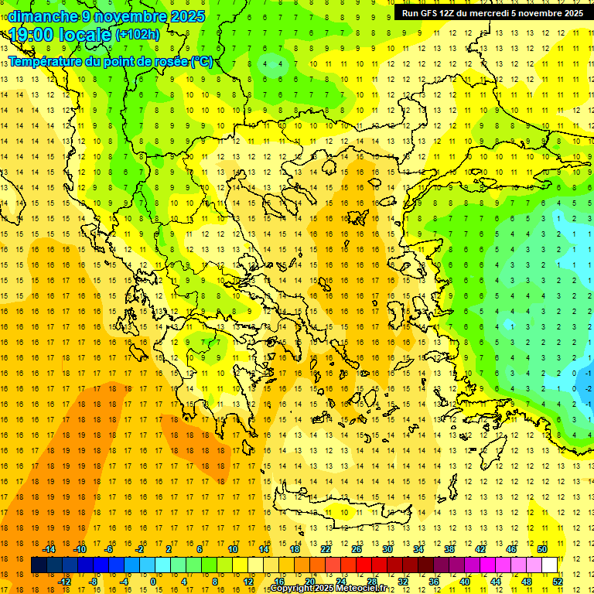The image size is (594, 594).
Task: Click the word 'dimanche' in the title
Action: coord(42,16)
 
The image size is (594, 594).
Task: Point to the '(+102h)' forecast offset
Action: coord(137,35)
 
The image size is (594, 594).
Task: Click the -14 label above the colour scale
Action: coord(49,549)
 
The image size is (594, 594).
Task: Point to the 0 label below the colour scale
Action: coord(153,582)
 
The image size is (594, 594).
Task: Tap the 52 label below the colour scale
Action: coord(558,582)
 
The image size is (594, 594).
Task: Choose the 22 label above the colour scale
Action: coord(326,549)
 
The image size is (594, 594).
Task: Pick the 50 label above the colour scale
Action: coord(541,549)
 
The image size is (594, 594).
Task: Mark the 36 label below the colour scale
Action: coord(434,582)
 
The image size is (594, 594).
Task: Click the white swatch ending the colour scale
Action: coord(549,565)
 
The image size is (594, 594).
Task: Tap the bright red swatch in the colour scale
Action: coord(364,565)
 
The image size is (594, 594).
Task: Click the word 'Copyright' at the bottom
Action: coord(292,589)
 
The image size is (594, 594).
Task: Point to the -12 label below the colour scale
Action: coord(65,582)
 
